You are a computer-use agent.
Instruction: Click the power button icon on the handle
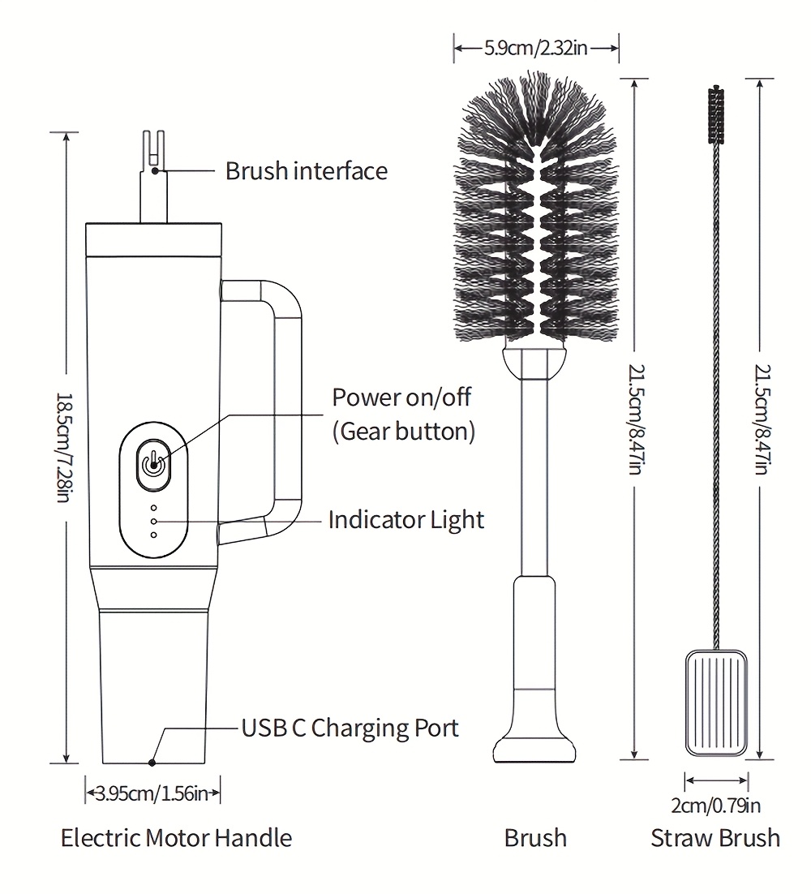(152, 465)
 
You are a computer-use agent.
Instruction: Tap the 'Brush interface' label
(306, 171)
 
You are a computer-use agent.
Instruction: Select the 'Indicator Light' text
(405, 520)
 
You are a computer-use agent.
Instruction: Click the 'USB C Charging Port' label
(350, 728)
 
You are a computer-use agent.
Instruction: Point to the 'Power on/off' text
(401, 398)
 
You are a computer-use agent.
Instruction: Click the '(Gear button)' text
(403, 431)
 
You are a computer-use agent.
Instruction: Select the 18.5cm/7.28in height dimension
(65, 447)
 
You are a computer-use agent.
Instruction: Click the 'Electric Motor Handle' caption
(176, 837)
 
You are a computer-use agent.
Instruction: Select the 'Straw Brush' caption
(715, 837)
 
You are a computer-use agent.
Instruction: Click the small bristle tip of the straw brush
(716, 114)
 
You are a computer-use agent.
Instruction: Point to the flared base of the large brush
(535, 742)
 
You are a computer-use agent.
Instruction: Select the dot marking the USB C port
(152, 763)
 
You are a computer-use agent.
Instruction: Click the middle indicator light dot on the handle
(153, 520)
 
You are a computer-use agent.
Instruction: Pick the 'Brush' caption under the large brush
(535, 837)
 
